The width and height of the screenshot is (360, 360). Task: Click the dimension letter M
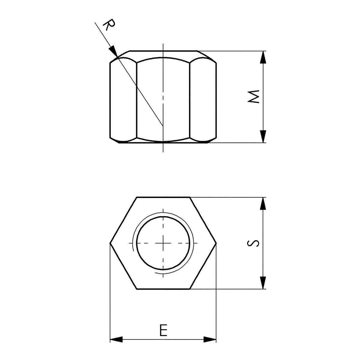253,97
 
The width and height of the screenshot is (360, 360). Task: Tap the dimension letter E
163,330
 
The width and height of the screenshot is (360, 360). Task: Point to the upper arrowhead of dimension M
263,57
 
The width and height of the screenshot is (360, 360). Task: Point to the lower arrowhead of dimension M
263,136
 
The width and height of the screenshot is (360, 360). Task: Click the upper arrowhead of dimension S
263,204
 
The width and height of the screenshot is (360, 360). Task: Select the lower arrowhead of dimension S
263,283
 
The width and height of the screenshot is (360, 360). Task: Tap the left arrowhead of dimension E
116,340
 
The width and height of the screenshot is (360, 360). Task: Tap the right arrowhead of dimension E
210,340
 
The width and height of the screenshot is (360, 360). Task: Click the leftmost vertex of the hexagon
110,243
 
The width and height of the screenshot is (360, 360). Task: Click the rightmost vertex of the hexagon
216,243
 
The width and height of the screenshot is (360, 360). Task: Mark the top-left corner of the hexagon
137,197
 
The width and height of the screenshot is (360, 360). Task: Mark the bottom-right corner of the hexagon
190,289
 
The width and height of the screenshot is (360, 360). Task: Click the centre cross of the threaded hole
163,243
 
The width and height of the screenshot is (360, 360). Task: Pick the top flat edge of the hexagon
163,197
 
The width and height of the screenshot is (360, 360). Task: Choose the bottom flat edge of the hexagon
163,289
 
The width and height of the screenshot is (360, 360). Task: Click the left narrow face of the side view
123,99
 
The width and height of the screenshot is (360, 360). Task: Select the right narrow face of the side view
203,99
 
